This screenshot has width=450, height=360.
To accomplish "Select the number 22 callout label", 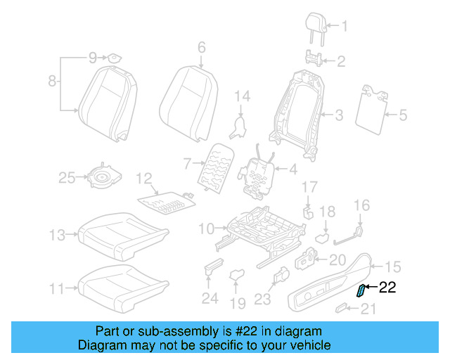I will (x=388, y=287).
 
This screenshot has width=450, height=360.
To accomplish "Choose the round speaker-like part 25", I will (x=103, y=179).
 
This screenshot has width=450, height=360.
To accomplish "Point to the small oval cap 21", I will (x=342, y=307).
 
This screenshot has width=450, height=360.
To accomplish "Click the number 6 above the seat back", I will (x=201, y=48).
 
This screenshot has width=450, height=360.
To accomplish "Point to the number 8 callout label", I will (x=51, y=82).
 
